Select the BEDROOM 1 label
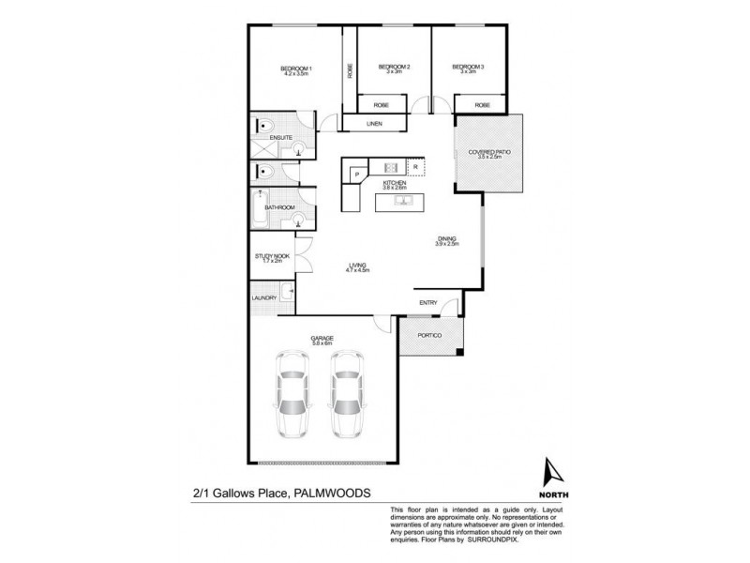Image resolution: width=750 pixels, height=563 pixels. (296, 68)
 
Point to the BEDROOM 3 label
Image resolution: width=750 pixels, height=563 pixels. (468, 68)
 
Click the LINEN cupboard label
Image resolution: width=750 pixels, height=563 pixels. (373, 124)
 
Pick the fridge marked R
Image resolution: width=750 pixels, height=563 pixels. (414, 167)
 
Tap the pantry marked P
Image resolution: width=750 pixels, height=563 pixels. (356, 173)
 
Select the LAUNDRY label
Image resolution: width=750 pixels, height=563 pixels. (263, 298)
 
